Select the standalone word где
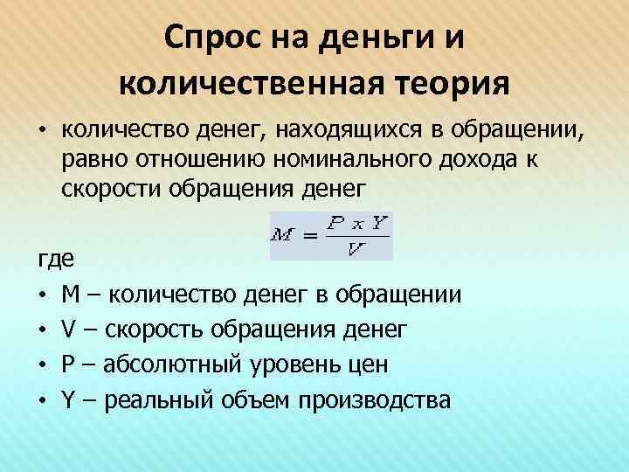coord(52,260)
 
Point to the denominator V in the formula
coord(355,249)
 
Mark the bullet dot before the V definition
coord(40,330)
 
